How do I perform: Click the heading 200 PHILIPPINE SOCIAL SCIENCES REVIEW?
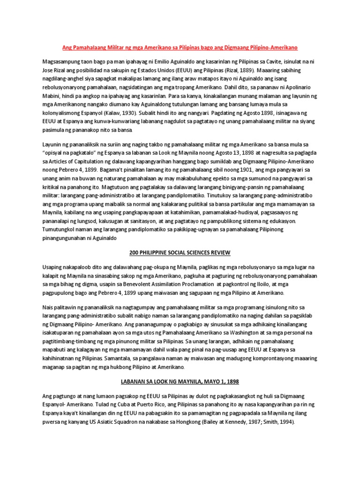tap(180, 253)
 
